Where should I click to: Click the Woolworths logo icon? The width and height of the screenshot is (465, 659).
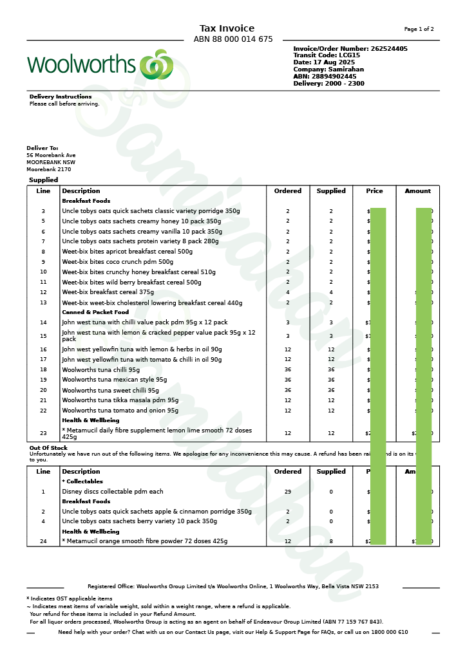click(157, 64)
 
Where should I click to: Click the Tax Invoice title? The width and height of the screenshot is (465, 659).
click(227, 28)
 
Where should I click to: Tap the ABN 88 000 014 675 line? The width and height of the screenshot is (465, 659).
click(233, 39)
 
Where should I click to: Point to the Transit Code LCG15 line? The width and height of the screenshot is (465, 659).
click(327, 55)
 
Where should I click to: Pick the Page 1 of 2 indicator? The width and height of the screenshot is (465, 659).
click(419, 29)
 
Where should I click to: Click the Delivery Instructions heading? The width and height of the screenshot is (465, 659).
click(61, 97)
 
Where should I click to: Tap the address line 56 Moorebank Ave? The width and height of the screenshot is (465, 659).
click(51, 155)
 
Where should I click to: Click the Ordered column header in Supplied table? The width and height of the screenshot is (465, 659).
click(288, 191)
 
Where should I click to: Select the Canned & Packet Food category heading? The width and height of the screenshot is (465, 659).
click(95, 312)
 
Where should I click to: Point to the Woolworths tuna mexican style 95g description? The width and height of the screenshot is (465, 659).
click(114, 380)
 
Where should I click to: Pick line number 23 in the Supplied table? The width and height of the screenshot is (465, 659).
click(43, 433)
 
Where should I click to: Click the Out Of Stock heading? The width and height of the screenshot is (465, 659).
click(48, 448)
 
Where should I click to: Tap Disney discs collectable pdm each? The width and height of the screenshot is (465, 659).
click(113, 492)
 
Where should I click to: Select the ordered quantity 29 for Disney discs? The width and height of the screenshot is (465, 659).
click(288, 492)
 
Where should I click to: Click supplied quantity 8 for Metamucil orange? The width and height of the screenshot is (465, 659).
click(331, 541)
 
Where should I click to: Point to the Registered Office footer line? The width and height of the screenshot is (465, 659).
click(233, 586)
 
